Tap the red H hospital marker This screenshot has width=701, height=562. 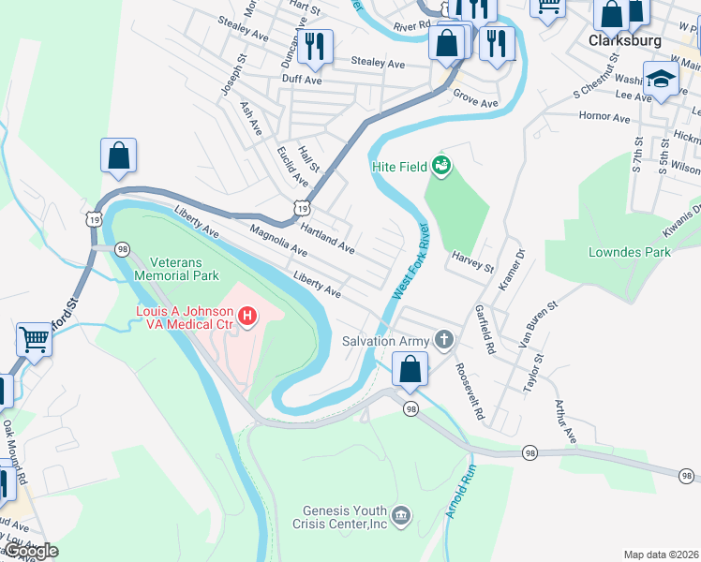coord(247,318)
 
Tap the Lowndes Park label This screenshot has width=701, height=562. coord(630,252)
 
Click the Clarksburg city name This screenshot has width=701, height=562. coord(626,41)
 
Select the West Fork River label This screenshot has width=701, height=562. coord(410,261)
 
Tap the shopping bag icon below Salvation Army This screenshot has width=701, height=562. coord(410,370)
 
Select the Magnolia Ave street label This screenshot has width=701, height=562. coord(277,241)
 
